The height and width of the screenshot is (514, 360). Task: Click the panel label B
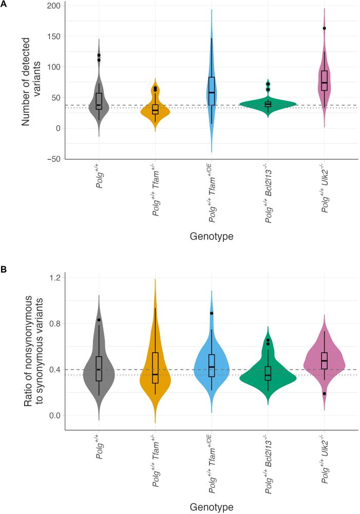click(4, 269)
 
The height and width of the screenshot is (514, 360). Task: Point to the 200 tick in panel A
click(52, 6)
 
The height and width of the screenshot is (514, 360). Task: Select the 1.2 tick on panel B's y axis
click(54, 278)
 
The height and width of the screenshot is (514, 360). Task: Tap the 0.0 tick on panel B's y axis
click(54, 415)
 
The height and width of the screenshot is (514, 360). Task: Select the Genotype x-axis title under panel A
click(211, 236)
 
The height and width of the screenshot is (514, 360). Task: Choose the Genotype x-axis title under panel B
click(211, 507)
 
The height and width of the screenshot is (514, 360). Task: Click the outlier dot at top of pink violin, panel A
click(324, 28)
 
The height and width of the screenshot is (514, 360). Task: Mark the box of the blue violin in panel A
click(212, 91)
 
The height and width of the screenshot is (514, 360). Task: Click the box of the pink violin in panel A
click(324, 80)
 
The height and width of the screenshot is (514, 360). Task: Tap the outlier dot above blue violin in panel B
click(212, 313)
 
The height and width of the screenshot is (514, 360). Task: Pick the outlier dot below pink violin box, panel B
click(324, 393)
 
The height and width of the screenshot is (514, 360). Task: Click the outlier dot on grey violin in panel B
click(99, 320)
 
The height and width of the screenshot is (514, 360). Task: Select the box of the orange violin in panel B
click(155, 368)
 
